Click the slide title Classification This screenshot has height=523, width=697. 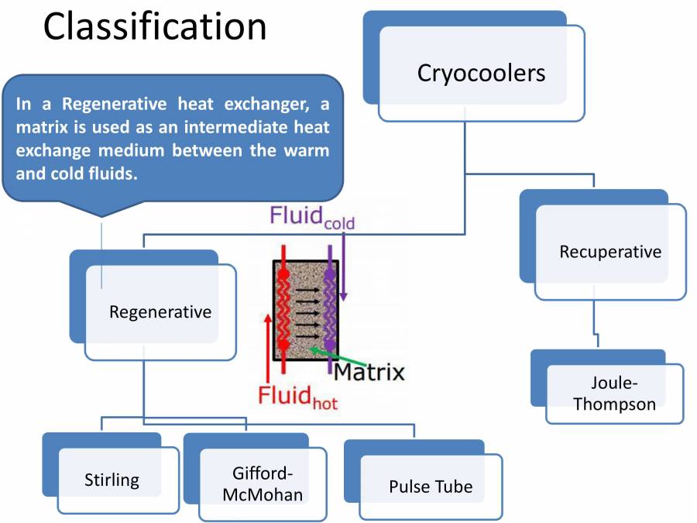tap(155, 27)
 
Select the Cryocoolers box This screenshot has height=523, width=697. tap(481, 73)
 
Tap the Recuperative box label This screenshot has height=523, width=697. tap(610, 252)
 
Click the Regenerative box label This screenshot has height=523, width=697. tap(160, 311)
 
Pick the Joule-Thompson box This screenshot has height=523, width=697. tap(614, 393)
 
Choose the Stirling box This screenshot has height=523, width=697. tap(112, 480)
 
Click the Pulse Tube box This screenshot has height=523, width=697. tap(431, 487)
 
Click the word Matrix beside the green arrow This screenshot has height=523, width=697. tap(369, 372)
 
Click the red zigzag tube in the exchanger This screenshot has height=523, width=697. tap(286, 309)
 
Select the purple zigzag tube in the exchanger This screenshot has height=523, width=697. tap(331, 309)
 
